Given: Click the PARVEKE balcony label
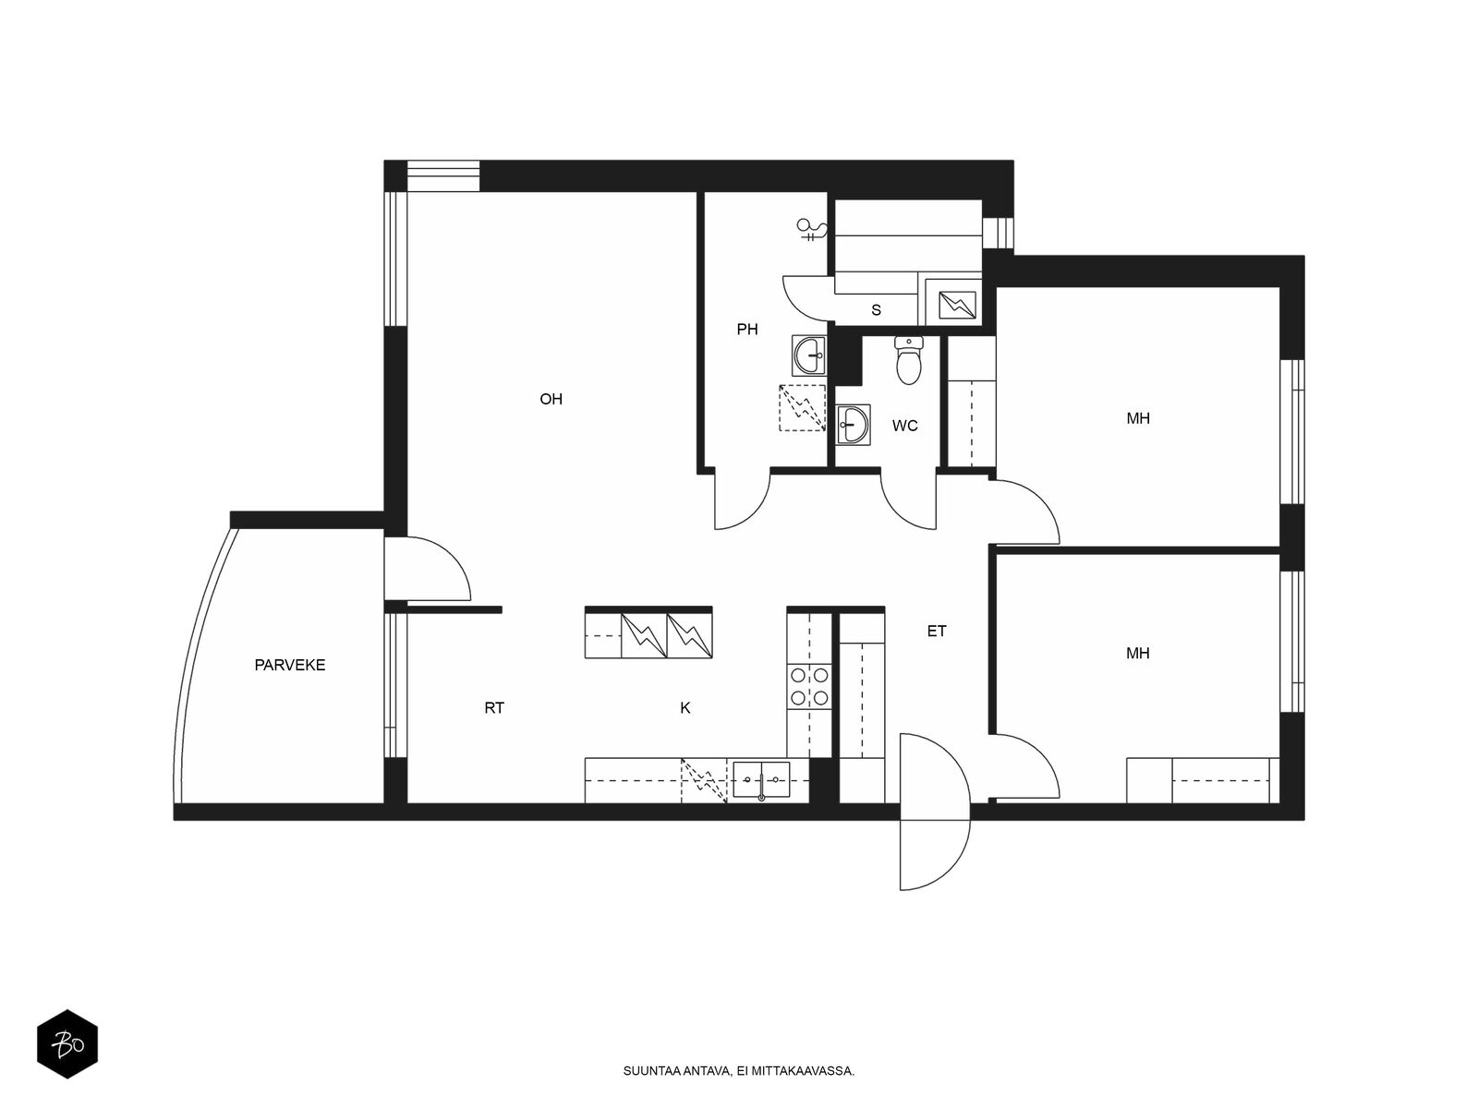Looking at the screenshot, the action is [289, 665].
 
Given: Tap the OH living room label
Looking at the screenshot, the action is [551, 399].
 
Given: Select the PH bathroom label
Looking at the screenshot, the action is [746, 329].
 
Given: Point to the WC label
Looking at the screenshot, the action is [904, 426].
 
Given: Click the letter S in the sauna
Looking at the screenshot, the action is [876, 310].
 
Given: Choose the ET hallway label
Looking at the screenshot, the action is [937, 631].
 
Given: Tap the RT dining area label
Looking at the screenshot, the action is [494, 707].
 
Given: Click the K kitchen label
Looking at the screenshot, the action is [684, 707].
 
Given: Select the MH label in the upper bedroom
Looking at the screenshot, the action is [1138, 418].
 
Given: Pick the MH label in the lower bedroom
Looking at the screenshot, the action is [1138, 653].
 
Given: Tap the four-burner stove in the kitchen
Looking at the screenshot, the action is [808, 686].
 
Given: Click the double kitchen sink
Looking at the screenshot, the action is [761, 779].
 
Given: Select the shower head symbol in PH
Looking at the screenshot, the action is [811, 229].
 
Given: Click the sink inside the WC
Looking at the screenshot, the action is [854, 425].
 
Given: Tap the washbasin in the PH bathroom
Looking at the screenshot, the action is [808, 355].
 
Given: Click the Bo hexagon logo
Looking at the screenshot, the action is [67, 1044].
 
